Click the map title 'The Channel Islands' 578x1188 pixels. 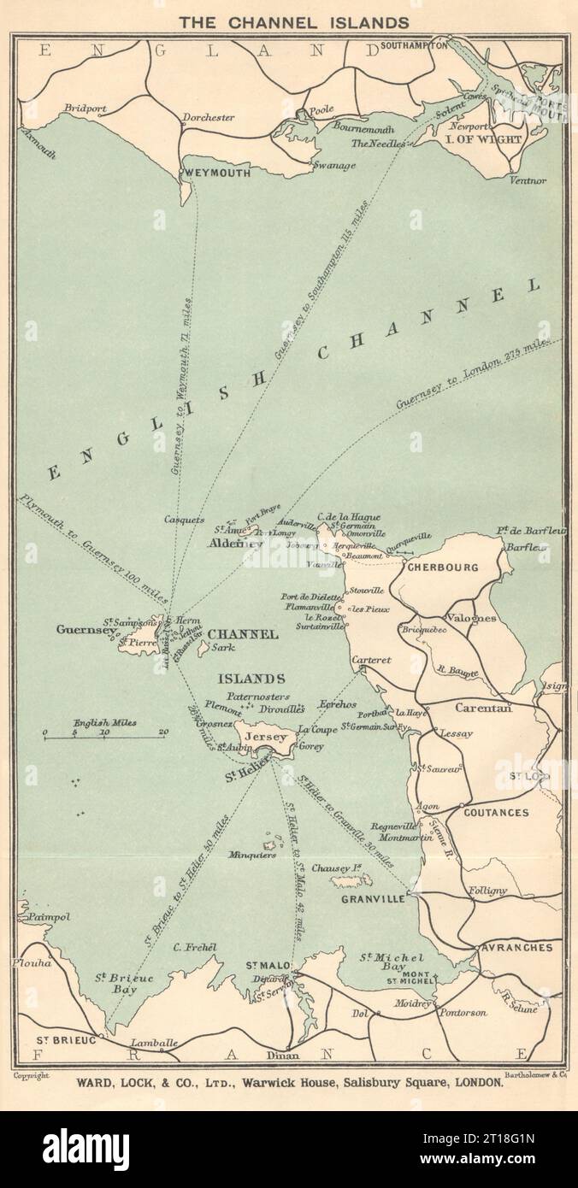click(x=288, y=22)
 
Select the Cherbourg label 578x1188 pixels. click(x=441, y=567)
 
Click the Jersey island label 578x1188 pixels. click(x=265, y=737)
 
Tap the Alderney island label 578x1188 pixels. click(x=234, y=544)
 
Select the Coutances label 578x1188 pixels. click(x=496, y=813)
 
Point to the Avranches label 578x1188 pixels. click(x=516, y=948)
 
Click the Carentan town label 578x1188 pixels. click(x=483, y=709)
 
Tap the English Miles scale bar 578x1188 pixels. click(x=104, y=734)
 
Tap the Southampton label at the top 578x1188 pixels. click(x=414, y=44)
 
